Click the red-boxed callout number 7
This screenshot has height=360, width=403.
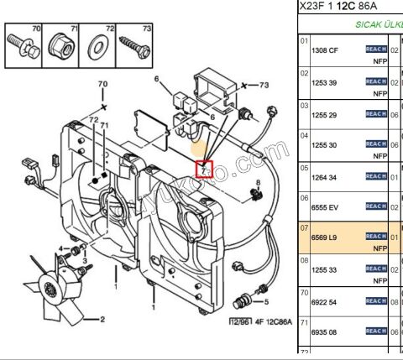(x=204, y=170)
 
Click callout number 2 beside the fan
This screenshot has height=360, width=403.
(x=102, y=320)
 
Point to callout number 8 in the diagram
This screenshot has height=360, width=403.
(x=259, y=183)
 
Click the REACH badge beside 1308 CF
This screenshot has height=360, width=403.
(x=375, y=50)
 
